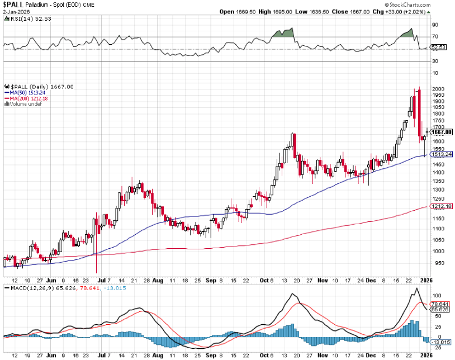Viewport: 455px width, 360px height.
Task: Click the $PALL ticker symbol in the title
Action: click(13, 4)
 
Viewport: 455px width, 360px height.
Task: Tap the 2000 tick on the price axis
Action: click(438, 89)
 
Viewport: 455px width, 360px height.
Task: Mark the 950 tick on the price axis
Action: click(436, 263)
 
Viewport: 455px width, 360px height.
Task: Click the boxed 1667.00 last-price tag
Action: click(442, 132)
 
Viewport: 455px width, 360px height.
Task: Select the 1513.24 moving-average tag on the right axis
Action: click(441, 155)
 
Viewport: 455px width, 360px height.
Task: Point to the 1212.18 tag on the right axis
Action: click(441, 207)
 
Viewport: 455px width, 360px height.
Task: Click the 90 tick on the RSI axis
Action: click(434, 25)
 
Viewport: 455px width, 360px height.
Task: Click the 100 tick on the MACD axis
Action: click(436, 295)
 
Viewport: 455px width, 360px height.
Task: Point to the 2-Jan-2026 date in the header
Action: click(16, 11)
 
